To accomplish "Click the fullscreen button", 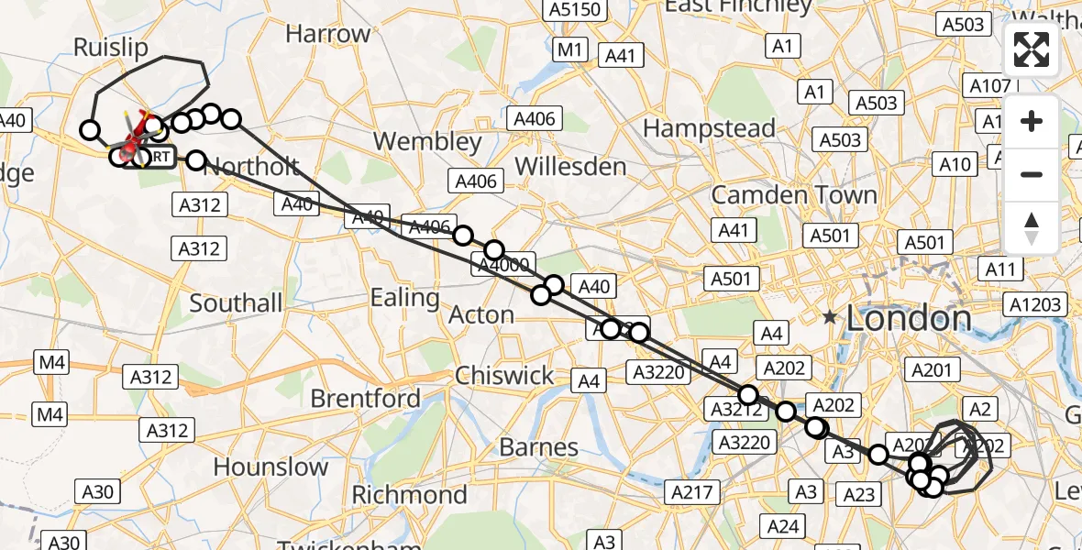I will (x=1032, y=49).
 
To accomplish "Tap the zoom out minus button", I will (x=1032, y=174).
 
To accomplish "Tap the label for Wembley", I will (x=428, y=142).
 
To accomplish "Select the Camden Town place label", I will (x=794, y=195).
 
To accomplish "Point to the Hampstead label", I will (x=709, y=128).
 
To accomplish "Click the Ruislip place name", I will (x=110, y=48).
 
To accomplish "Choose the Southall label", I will (x=237, y=302).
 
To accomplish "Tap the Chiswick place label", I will (x=504, y=376).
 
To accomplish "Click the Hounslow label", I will (x=270, y=467).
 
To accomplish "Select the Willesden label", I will (x=570, y=167).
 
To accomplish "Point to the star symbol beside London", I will (x=830, y=317).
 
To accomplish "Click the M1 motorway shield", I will (x=571, y=49).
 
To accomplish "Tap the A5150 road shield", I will (x=575, y=10).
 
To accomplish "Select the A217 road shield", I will (x=692, y=492).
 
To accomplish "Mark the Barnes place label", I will (x=538, y=447).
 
